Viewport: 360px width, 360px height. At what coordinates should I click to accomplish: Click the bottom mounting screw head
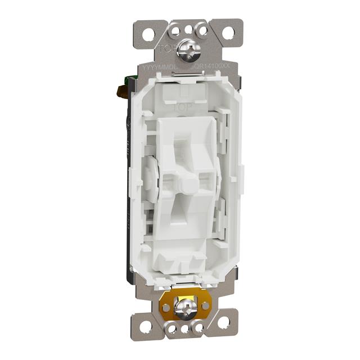pyautogui.click(x=184, y=307)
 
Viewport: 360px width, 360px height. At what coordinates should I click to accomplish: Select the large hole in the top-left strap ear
pyautogui.click(x=148, y=34)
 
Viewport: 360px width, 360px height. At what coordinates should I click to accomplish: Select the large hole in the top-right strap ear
pyautogui.click(x=228, y=33)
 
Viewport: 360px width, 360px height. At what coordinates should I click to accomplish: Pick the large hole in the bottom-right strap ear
pyautogui.click(x=224, y=322)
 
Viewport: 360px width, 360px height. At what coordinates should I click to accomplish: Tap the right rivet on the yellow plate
pyautogui.click(x=205, y=305)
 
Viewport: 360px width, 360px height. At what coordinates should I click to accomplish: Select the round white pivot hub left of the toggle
pyautogui.click(x=150, y=173)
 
